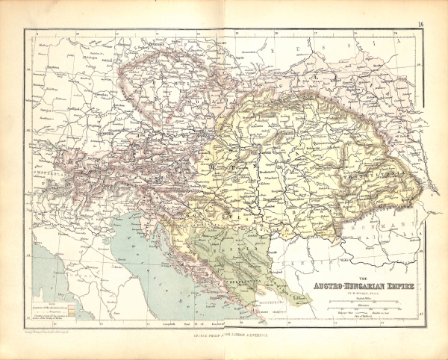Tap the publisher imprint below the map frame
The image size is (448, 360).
coord(224,327)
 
